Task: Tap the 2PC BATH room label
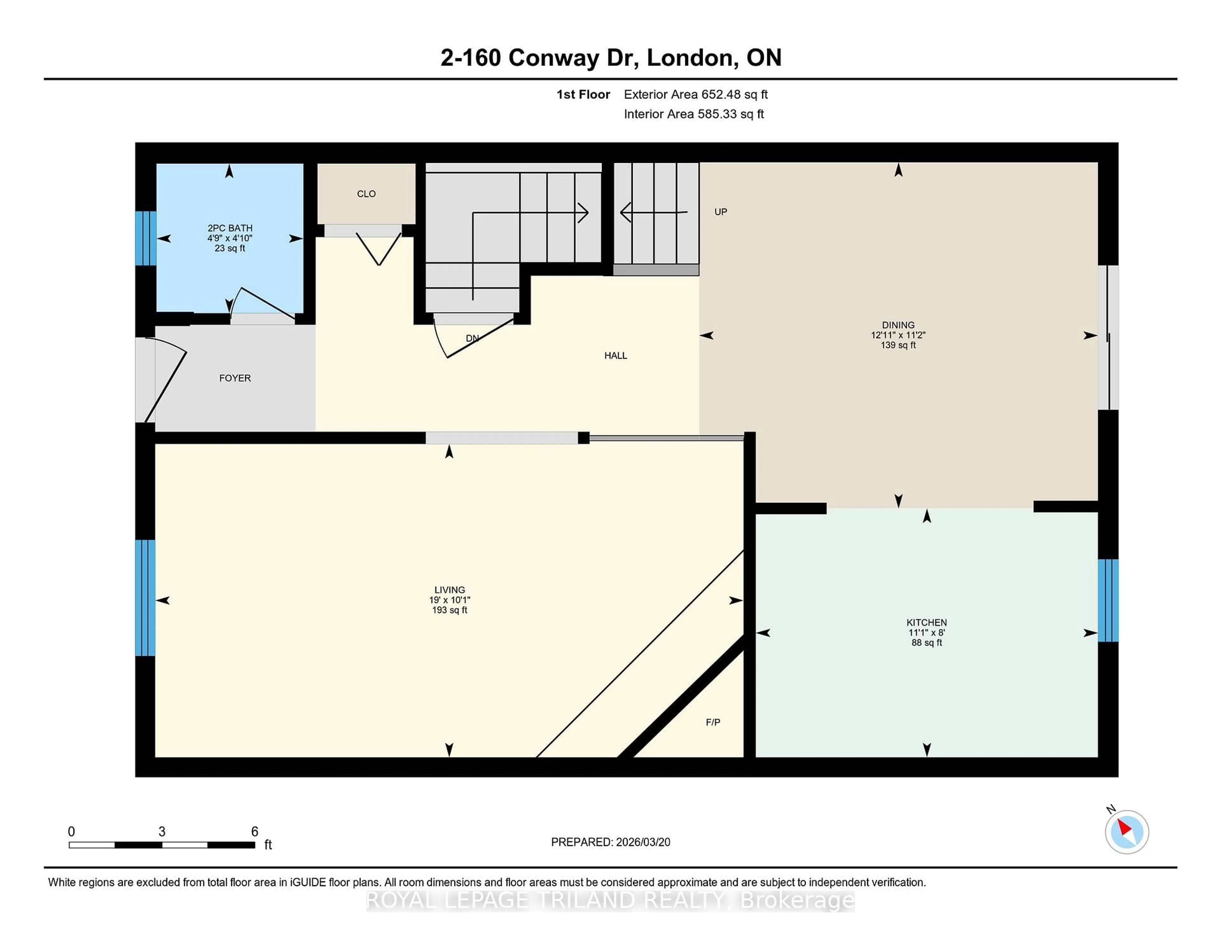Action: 230,228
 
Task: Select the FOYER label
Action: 235,378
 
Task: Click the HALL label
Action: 616,356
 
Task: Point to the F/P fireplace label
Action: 713,723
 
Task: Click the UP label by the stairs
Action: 721,212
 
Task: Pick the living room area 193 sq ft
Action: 450,610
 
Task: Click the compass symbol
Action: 1127,832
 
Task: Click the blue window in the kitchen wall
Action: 1108,600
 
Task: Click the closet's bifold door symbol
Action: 378,248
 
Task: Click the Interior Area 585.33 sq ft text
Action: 693,114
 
